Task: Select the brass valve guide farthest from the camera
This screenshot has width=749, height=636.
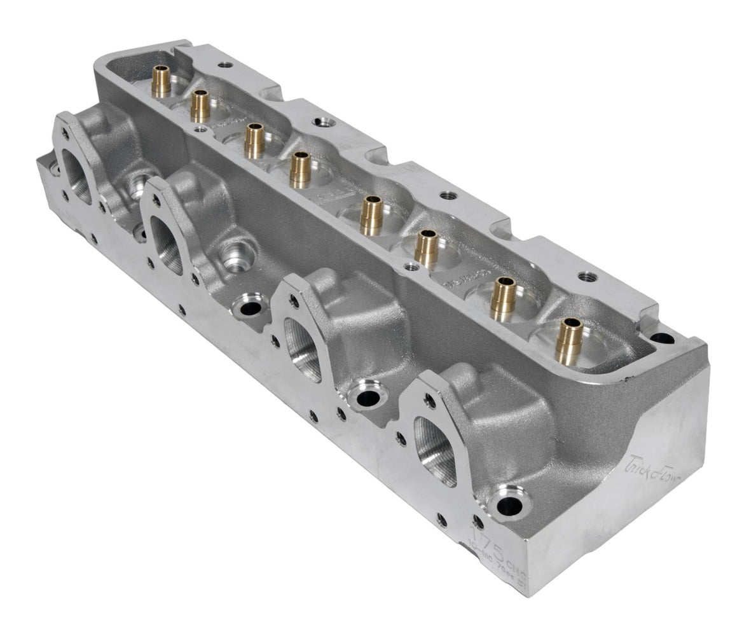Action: click(x=161, y=81)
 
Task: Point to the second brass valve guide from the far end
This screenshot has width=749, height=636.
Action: click(x=200, y=105)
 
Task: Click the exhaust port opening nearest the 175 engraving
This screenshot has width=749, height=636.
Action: click(x=437, y=450)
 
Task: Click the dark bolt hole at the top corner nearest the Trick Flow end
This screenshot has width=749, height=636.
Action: click(x=662, y=338)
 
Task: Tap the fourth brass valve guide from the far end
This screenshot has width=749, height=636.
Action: click(x=300, y=169)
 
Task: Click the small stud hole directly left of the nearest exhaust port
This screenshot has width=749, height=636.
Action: click(x=400, y=438)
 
